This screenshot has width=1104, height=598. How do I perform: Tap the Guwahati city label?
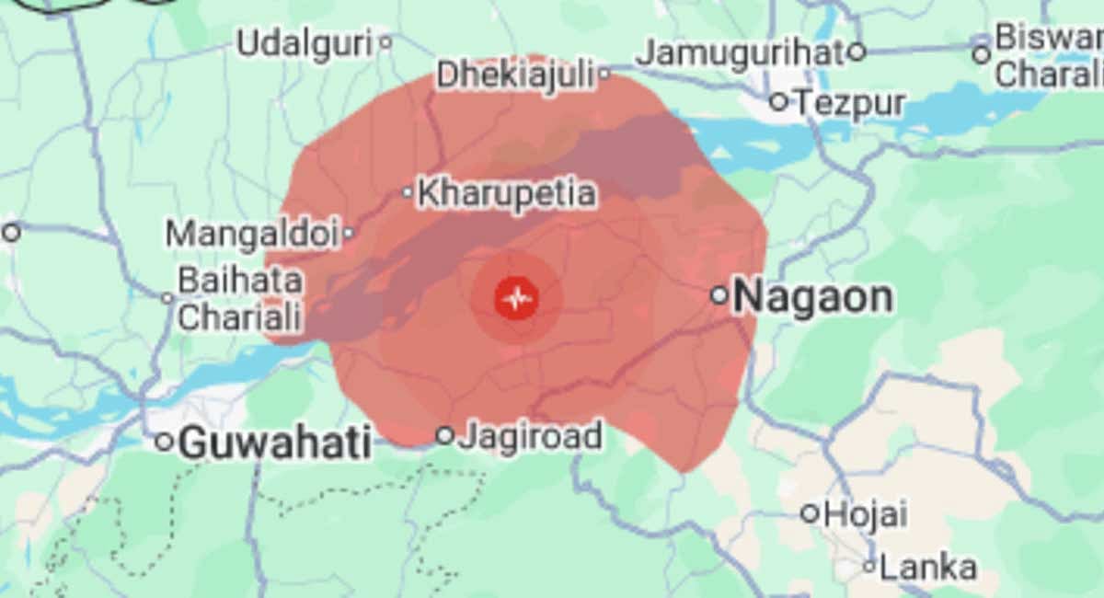(x=275, y=443)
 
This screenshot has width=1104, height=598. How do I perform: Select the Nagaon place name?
(x=813, y=297)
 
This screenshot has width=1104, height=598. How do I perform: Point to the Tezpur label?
(x=850, y=102)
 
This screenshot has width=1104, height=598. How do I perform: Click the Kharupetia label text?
(x=506, y=193)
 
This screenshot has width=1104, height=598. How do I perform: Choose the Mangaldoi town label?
(x=252, y=234)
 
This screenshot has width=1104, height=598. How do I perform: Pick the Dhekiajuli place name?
(x=515, y=75)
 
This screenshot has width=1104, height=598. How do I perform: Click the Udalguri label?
(x=305, y=42)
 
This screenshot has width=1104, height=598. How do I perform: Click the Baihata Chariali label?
(x=239, y=298)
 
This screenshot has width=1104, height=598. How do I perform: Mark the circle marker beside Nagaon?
(x=719, y=295)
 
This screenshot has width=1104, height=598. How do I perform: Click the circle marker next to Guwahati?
(x=164, y=443)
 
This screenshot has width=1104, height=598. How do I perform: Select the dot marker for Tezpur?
(x=779, y=100)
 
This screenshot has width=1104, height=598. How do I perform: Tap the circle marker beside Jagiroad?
(x=444, y=435)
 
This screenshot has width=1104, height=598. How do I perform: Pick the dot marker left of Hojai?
(x=810, y=513)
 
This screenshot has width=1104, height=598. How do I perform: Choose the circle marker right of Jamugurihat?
(x=857, y=52)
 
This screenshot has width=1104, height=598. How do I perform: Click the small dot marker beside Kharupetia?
(x=408, y=192)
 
